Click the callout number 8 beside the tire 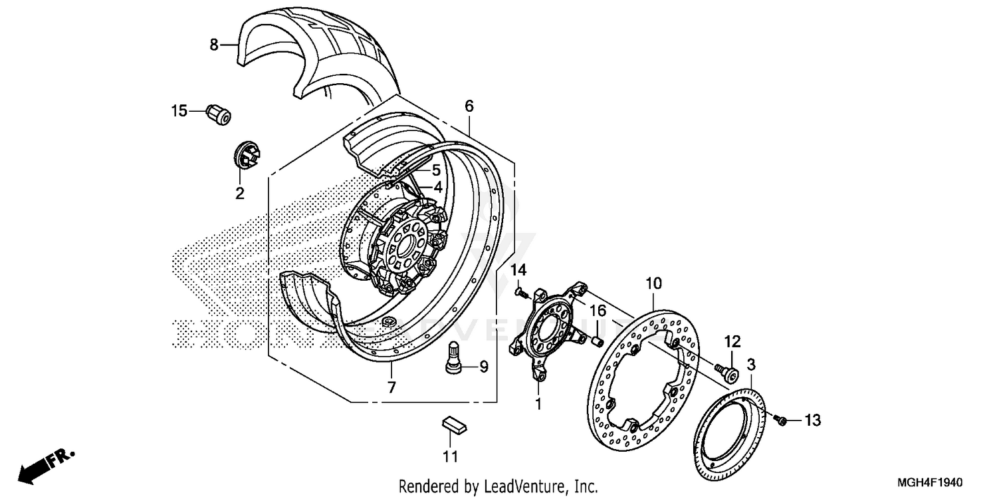(x=213, y=45)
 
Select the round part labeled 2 (x=247, y=156)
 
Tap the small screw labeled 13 (x=782, y=420)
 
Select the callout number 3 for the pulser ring (x=750, y=364)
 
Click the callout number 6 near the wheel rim (x=469, y=106)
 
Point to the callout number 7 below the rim (x=391, y=387)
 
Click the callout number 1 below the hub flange (x=538, y=403)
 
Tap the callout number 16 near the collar (x=598, y=311)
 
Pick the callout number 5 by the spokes (x=436, y=170)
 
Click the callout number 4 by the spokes (x=438, y=188)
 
